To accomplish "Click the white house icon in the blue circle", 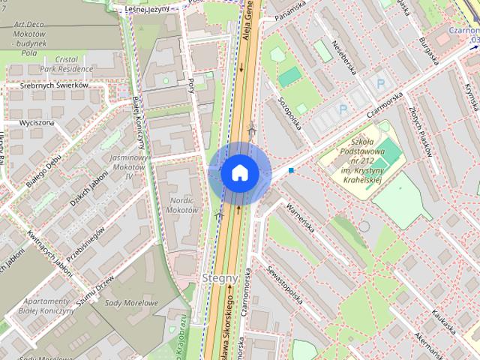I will (x=239, y=172).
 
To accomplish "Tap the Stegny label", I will (x=220, y=277).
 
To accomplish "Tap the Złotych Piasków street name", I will (x=421, y=130).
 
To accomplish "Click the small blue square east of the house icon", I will (x=291, y=171).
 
